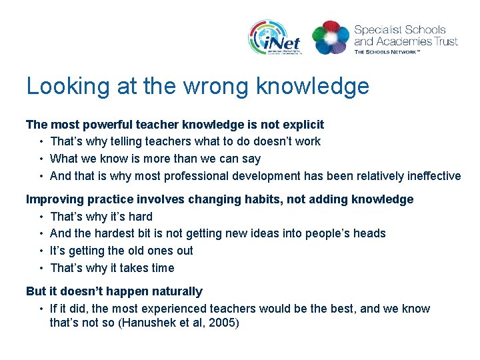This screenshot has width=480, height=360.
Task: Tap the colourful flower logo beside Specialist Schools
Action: coord(330,37)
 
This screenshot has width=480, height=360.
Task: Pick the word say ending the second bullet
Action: coord(251,159)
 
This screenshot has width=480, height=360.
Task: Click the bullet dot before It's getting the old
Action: coord(41,251)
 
